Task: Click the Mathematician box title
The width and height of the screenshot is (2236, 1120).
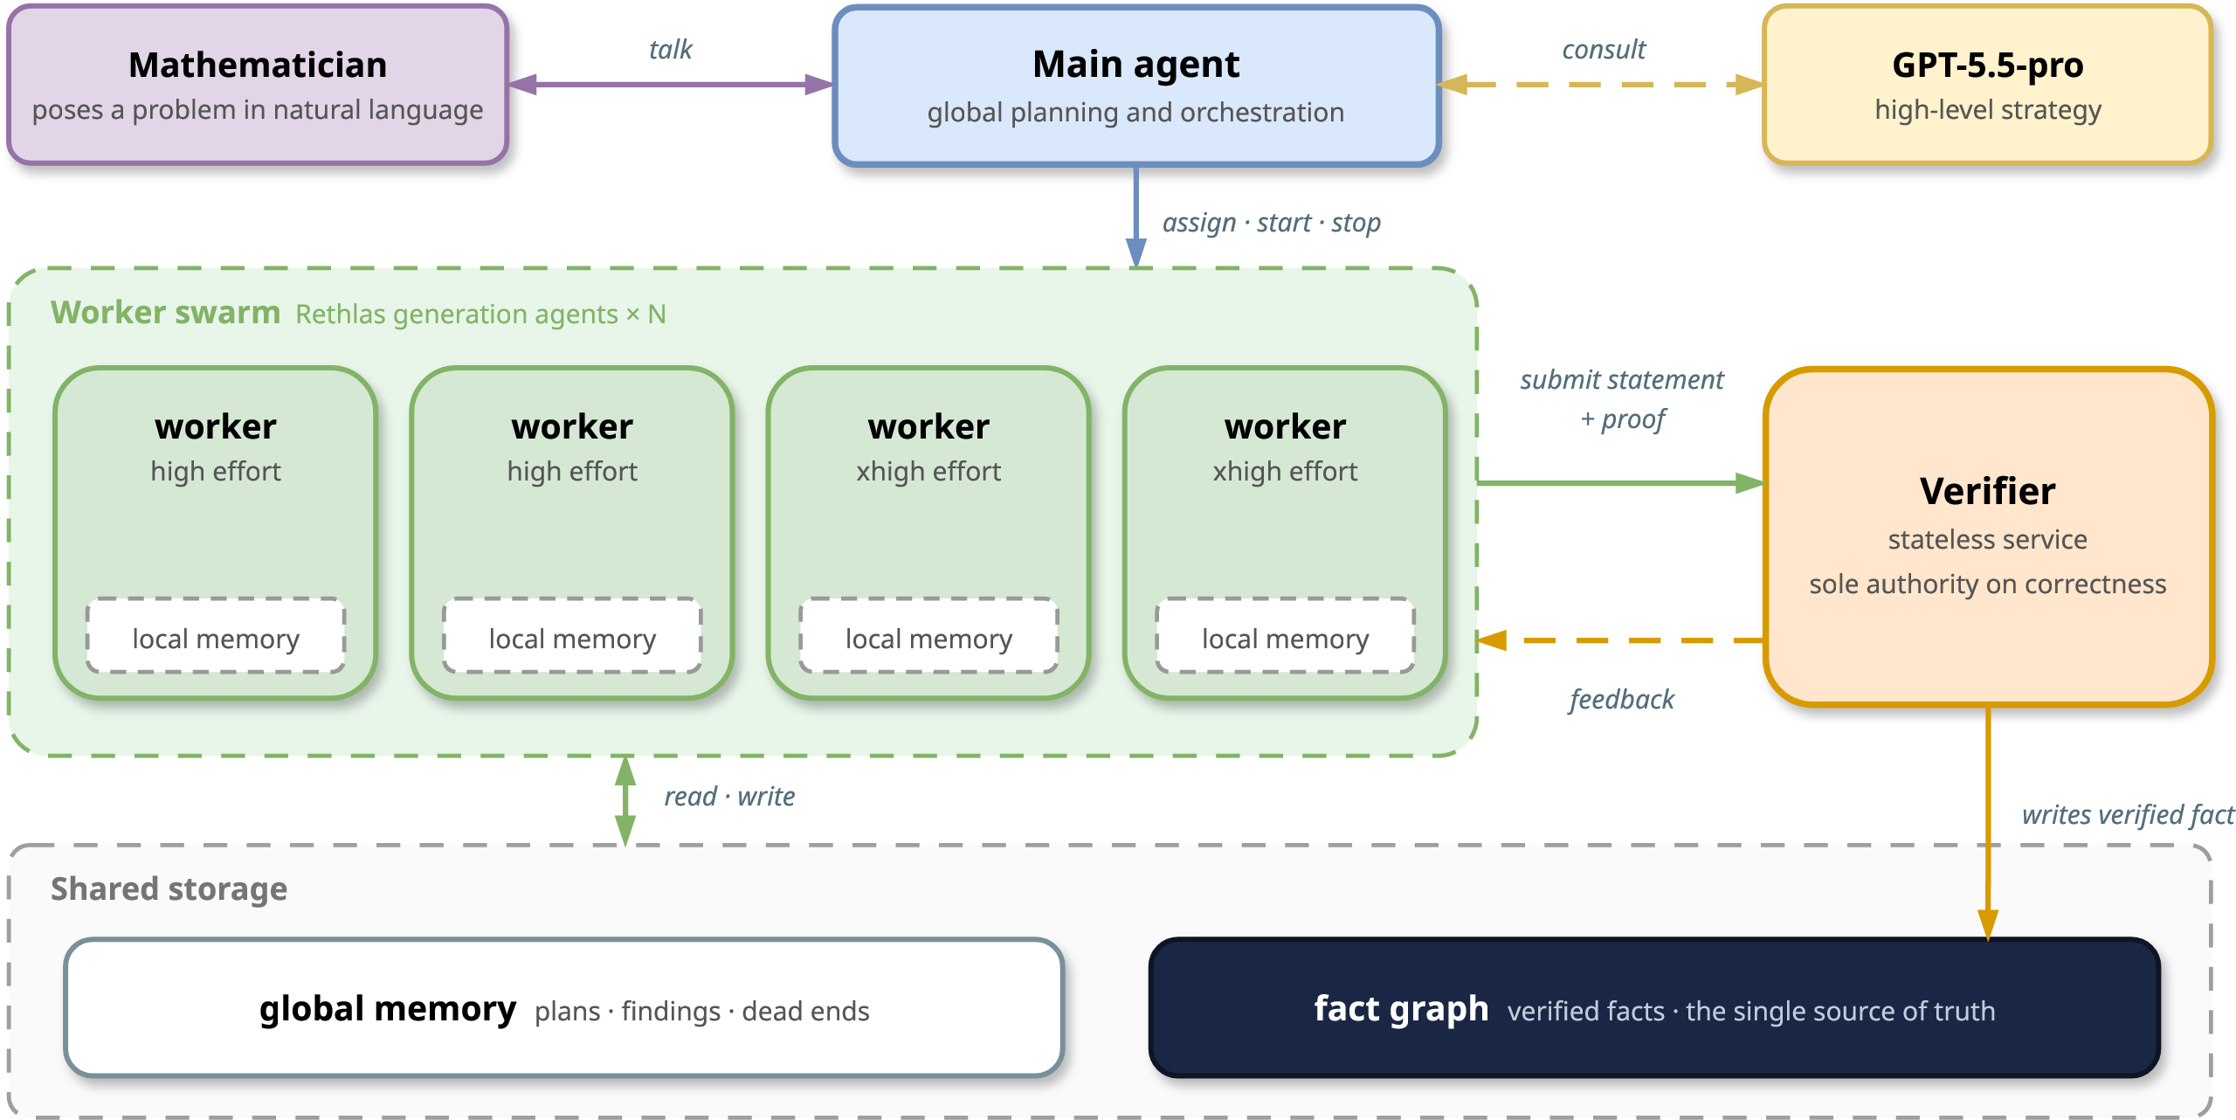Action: [258, 66]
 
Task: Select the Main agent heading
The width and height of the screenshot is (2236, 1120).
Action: [1135, 66]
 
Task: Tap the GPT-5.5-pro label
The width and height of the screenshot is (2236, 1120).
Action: [1987, 66]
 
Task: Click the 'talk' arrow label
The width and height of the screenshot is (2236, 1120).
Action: [670, 50]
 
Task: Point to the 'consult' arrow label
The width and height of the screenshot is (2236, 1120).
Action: [1604, 50]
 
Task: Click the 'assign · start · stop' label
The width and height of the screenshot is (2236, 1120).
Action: [1271, 223]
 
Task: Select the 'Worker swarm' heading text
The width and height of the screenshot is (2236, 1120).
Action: [165, 313]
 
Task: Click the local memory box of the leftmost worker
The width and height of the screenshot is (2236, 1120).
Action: [216, 636]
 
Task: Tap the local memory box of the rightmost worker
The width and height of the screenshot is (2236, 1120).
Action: [1285, 636]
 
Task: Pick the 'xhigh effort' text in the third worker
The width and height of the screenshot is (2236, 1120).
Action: [928, 472]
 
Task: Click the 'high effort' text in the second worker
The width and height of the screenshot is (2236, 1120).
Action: [572, 472]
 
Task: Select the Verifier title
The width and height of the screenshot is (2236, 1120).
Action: [1987, 491]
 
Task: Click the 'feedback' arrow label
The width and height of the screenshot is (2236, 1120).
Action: [1621, 699]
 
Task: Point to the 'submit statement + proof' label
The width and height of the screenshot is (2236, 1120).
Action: [1622, 399]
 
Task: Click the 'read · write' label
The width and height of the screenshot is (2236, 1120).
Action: [729, 797]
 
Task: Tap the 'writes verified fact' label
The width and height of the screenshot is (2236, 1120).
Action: [2128, 815]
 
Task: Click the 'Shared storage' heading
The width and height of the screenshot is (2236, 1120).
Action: [169, 889]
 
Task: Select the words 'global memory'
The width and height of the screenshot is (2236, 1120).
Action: [387, 1009]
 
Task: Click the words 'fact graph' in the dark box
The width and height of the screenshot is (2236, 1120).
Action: [1401, 1009]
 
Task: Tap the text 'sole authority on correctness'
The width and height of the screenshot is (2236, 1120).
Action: [1987, 584]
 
